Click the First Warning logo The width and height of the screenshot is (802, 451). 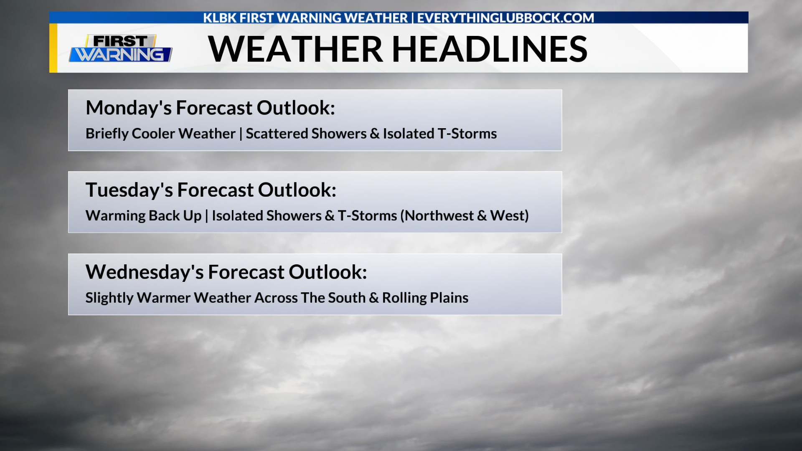[x=121, y=48]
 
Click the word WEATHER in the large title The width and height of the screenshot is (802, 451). [x=295, y=49]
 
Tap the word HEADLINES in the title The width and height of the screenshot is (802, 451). [x=490, y=49]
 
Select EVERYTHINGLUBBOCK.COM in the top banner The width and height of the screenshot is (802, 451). [x=505, y=18]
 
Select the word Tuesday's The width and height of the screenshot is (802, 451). [x=129, y=190]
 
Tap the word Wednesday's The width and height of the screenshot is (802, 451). [x=145, y=272]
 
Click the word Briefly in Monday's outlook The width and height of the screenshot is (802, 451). [x=107, y=134]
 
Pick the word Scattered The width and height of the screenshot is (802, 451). [x=277, y=134]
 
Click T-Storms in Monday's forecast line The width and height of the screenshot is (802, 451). [x=467, y=134]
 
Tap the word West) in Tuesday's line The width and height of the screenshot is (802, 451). [x=510, y=216]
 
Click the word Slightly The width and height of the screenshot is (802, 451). [x=109, y=298]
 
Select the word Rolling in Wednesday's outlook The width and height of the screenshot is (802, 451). [x=404, y=298]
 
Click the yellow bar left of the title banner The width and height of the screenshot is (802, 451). [x=53, y=48]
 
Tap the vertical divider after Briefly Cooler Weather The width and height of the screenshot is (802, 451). [x=241, y=134]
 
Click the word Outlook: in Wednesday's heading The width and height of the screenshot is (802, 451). [x=328, y=272]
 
